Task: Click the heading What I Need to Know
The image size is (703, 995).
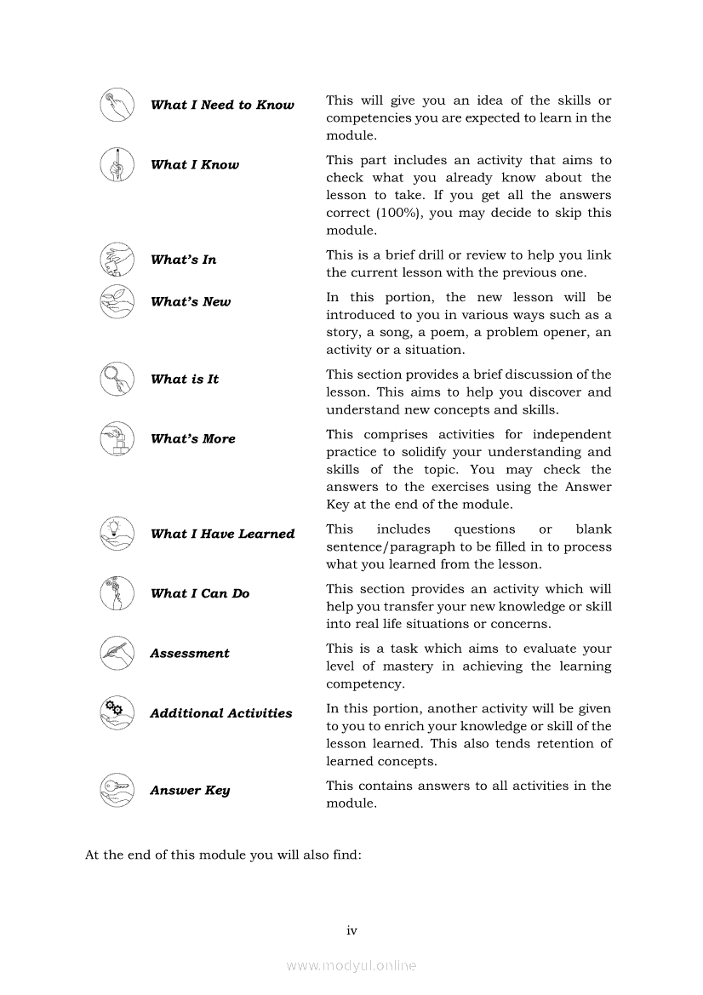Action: [222, 106]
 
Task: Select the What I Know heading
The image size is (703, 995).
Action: [195, 165]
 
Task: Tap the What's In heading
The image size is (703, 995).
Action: [183, 260]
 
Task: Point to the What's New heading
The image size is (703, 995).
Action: [191, 302]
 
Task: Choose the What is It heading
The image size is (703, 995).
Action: [185, 380]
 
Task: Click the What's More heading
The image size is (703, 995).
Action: [193, 439]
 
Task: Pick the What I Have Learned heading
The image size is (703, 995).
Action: [222, 535]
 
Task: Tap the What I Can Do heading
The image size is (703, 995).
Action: [200, 594]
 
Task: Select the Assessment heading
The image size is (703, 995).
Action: [190, 654]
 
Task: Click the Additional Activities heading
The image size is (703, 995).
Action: [221, 713]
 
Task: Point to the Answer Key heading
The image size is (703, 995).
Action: [190, 791]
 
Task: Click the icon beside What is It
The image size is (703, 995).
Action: [117, 379]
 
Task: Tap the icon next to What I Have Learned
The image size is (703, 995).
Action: [117, 534]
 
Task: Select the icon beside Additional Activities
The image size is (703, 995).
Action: [117, 712]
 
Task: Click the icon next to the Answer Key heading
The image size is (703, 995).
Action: [117, 790]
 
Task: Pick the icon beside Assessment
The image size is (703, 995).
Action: [117, 653]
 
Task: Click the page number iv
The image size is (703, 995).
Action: [351, 930]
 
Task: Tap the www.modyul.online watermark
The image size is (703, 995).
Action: [351, 965]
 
